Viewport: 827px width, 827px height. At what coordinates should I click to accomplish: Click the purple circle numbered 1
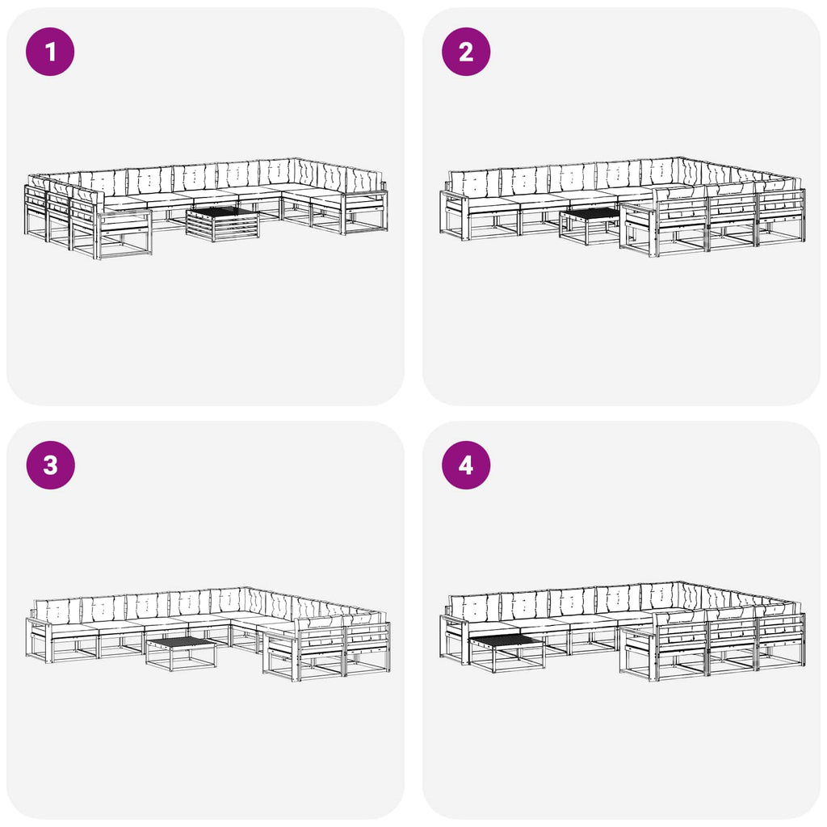[50, 52]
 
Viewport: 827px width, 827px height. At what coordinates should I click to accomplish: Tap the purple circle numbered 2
[466, 52]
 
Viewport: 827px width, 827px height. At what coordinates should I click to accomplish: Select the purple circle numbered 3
[50, 465]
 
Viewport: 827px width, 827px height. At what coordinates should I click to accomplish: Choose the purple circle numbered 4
[466, 465]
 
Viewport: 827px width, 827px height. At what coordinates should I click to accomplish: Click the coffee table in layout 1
[223, 224]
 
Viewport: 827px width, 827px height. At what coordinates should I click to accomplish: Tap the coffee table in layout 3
[181, 653]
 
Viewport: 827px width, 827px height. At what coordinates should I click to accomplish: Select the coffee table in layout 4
[506, 653]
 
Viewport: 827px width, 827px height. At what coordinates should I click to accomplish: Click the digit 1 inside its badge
[50, 52]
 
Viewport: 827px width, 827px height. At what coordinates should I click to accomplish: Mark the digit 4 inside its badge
[466, 466]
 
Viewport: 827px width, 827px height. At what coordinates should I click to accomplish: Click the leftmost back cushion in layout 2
[474, 184]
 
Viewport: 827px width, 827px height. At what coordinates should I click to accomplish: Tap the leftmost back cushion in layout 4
[474, 608]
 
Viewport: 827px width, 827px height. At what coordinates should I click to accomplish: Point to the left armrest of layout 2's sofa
[455, 197]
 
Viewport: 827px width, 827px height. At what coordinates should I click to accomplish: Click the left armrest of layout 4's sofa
[455, 621]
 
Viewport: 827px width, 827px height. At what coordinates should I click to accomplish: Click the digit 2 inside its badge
[466, 52]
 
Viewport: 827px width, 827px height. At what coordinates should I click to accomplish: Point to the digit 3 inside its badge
[50, 466]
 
